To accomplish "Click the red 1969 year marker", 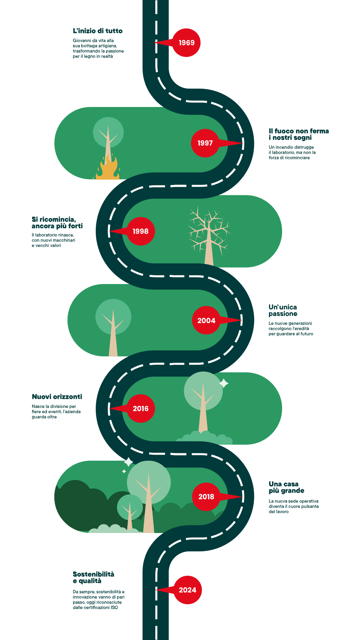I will tap(186, 43).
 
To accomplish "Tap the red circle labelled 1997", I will tap(205, 143).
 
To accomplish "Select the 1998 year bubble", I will tap(141, 231).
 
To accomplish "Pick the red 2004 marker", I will tap(206, 320).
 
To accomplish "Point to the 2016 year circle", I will tap(141, 409).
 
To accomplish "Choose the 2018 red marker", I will tap(206, 497).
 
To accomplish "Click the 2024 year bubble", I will tap(188, 590).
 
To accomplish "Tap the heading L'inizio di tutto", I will tap(98, 31).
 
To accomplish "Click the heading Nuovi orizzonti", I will tap(57, 397).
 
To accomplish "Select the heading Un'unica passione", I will tap(283, 310).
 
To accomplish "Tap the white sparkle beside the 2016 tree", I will tap(224, 383).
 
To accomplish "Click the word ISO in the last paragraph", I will tap(114, 607).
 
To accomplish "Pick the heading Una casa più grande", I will tap(286, 487).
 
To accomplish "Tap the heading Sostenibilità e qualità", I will tap(93, 577).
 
